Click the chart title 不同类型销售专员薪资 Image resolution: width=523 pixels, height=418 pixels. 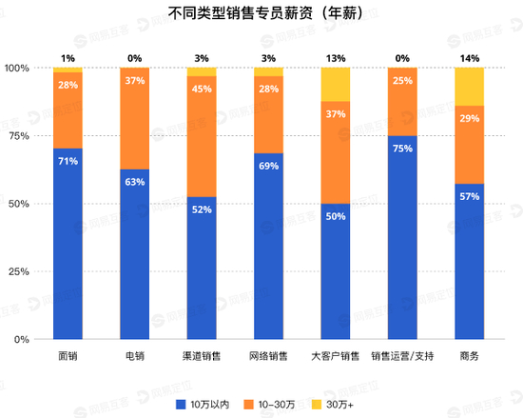pyautogui.click(x=261, y=14)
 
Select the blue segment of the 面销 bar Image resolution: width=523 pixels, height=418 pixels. pyautogui.click(x=68, y=243)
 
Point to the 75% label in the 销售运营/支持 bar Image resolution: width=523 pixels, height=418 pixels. pyautogui.click(x=402, y=149)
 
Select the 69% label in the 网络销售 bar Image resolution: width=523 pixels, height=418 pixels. pyautogui.click(x=268, y=167)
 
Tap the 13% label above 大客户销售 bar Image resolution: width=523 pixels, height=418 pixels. pyautogui.click(x=336, y=57)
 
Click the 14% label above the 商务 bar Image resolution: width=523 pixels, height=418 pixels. pyautogui.click(x=469, y=57)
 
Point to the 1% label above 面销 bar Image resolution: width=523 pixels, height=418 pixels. pyautogui.click(x=68, y=57)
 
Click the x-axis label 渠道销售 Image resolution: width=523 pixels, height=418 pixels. pyautogui.click(x=202, y=356)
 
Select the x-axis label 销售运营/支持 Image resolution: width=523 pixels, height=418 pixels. pyautogui.click(x=402, y=356)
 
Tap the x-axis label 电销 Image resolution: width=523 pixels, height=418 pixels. pyautogui.click(x=135, y=356)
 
